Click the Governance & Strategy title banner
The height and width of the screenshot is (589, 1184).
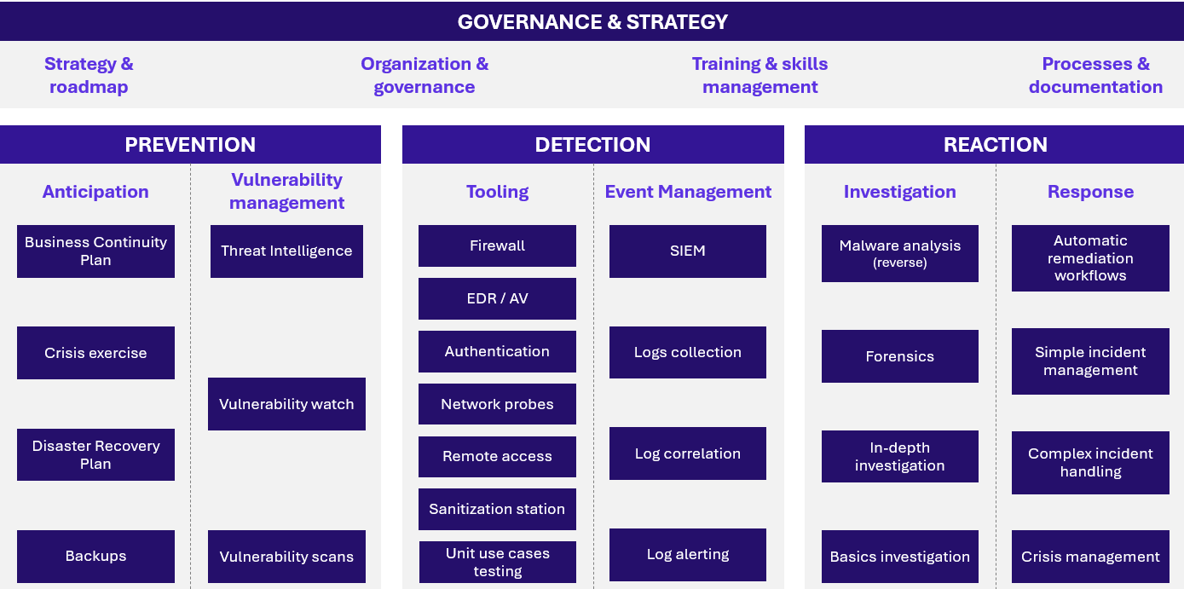(592, 21)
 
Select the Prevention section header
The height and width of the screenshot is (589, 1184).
(190, 144)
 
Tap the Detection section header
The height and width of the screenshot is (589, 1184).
(593, 144)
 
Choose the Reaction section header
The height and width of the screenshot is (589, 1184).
(994, 144)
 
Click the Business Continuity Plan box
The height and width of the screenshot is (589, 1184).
(95, 251)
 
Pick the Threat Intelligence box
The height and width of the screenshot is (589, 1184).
(286, 251)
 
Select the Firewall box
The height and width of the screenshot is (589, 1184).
(498, 245)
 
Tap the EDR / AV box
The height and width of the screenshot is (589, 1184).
(498, 298)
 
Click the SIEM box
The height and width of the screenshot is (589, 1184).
(688, 251)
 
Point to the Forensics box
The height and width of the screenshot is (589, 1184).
(899, 356)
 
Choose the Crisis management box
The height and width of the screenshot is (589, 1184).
(1090, 557)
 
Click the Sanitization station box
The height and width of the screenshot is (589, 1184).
(498, 509)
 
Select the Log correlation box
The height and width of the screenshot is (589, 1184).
(688, 453)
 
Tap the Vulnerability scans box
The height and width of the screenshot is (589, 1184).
(286, 557)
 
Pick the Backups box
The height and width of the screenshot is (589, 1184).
(95, 557)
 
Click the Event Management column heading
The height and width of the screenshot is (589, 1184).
(688, 192)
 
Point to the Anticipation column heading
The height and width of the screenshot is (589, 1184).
(95, 192)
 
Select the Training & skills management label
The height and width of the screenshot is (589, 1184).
(760, 75)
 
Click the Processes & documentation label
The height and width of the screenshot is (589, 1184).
(1095, 75)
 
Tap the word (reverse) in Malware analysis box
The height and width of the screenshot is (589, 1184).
(899, 263)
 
